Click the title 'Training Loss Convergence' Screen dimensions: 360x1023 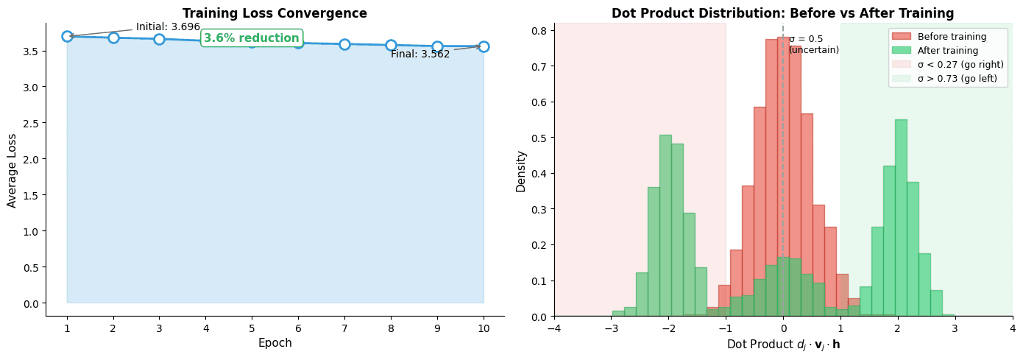point(275,13)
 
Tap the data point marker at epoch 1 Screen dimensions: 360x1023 point(67,36)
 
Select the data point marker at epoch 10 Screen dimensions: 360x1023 point(484,46)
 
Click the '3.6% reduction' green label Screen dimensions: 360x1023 point(252,38)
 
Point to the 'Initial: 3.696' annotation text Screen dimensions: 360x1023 point(168,27)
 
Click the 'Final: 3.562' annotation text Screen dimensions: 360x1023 point(420,54)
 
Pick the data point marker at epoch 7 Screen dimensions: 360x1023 point(344,44)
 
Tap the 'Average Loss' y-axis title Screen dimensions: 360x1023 point(12,169)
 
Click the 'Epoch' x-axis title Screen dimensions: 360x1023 point(275,343)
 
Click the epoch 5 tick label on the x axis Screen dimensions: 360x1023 point(252,327)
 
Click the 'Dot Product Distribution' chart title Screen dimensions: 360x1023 point(782,13)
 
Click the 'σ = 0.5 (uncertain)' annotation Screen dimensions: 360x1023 point(813,45)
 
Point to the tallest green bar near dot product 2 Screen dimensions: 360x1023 point(900,221)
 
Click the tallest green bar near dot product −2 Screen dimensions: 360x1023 point(665,228)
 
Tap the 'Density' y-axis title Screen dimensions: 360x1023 point(521,171)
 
